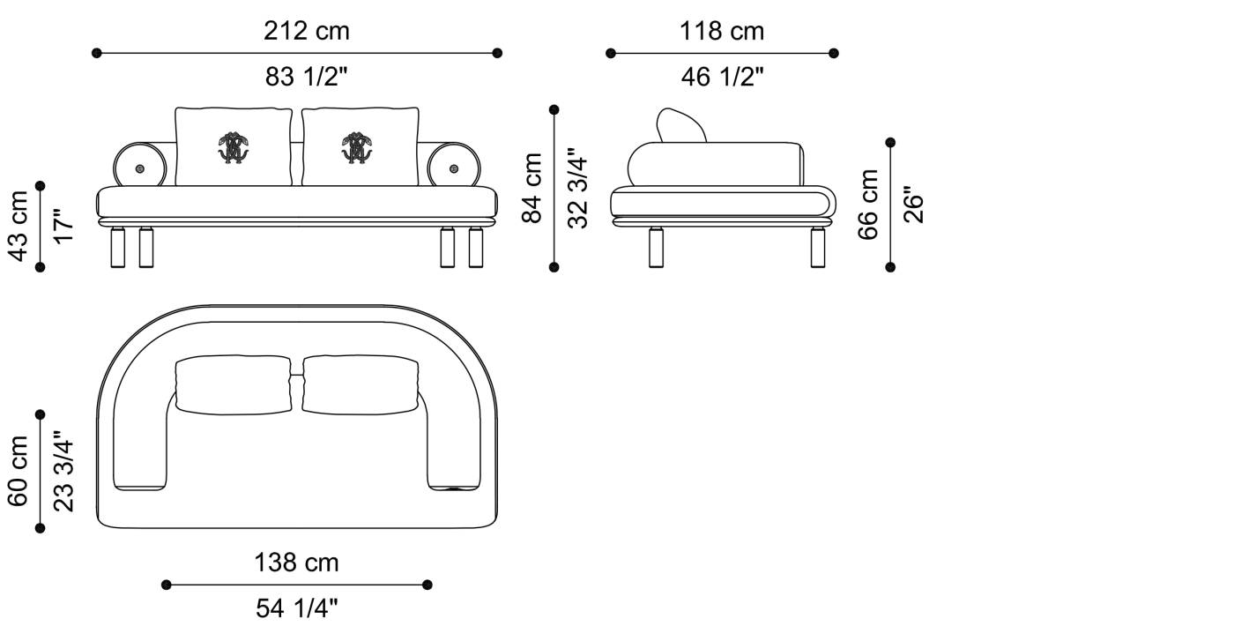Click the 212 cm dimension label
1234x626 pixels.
tap(307, 31)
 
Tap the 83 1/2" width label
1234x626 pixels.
tap(307, 77)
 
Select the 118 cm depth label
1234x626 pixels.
tap(722, 31)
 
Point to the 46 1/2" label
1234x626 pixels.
tap(722, 77)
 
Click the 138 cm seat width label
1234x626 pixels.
tap(296, 563)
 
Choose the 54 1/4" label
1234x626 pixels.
tap(296, 608)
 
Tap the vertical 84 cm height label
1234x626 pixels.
tap(532, 188)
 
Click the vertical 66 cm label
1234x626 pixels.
tap(867, 205)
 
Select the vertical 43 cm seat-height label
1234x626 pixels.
tap(19, 226)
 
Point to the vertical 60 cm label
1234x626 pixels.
tap(19, 471)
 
